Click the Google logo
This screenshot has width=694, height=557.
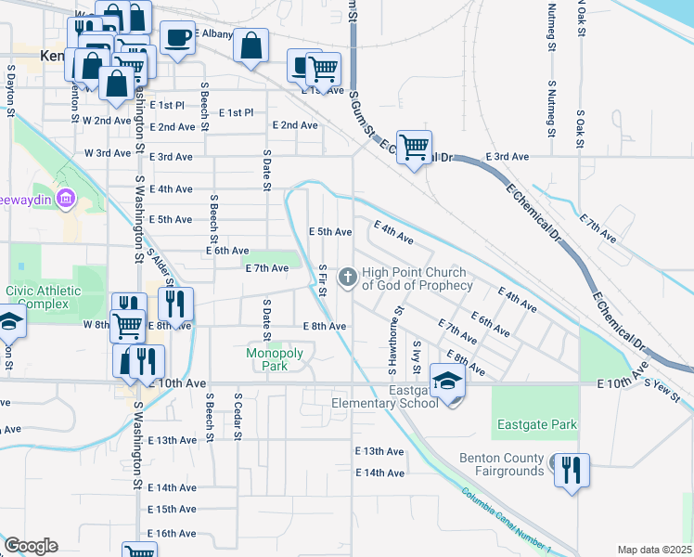pyautogui.click(x=31, y=546)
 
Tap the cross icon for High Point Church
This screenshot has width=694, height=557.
pyautogui.click(x=348, y=277)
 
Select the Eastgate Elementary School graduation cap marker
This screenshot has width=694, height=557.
pyautogui.click(x=447, y=382)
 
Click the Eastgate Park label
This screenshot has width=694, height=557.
pyautogui.click(x=536, y=425)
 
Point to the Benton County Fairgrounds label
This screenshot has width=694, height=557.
pyautogui.click(x=501, y=464)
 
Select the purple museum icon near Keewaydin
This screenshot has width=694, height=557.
pyautogui.click(x=64, y=198)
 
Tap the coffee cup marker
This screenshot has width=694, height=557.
pyautogui.click(x=177, y=38)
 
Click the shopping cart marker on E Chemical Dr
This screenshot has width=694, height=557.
pyautogui.click(x=415, y=146)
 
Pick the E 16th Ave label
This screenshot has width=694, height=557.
pyautogui.click(x=172, y=534)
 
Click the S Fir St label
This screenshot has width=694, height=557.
pyautogui.click(x=322, y=280)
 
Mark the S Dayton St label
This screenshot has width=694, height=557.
pyautogui.click(x=11, y=90)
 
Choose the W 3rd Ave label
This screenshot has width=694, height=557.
pyautogui.click(x=107, y=153)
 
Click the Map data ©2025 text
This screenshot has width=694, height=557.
pyautogui.click(x=654, y=550)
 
